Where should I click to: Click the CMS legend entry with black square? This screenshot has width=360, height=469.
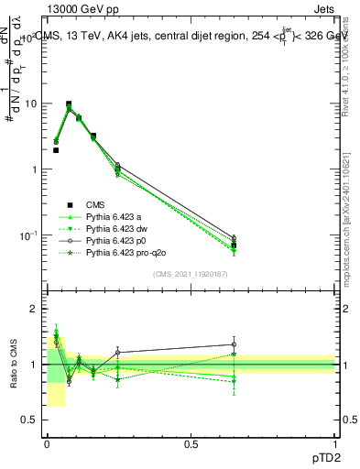point(96,204)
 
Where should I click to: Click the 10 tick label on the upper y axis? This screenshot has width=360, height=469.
point(30,104)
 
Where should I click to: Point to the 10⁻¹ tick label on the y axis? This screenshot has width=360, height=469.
point(27,235)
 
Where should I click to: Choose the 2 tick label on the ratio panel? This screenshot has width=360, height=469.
point(34,309)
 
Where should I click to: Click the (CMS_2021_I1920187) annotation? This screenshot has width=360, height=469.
point(191,273)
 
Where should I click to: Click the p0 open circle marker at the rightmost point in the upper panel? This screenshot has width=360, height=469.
point(234,237)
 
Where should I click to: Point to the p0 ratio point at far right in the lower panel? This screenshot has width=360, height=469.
point(234,344)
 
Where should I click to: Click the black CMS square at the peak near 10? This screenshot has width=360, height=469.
point(69,104)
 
